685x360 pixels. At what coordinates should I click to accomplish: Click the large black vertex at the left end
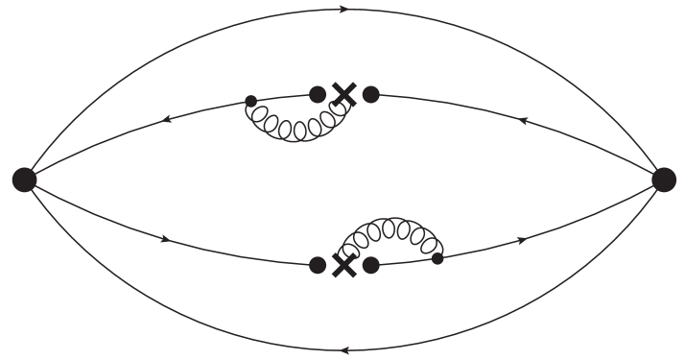coord(24,179)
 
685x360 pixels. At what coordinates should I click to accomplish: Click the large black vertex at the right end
coord(663,179)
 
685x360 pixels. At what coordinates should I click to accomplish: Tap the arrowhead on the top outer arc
coord(343,10)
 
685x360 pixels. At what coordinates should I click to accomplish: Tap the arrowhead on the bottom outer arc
coord(343,349)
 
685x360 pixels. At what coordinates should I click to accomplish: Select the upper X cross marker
coord(343,94)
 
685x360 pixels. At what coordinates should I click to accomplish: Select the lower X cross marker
coord(343,264)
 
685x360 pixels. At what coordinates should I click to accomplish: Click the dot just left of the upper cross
coord(318,94)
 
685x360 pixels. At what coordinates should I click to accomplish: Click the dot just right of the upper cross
coord(370,94)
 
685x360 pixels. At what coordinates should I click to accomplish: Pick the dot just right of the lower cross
coord(370,264)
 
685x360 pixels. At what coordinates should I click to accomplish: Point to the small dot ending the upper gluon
coord(250,100)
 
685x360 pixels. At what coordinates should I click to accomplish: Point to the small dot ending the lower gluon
coord(437,257)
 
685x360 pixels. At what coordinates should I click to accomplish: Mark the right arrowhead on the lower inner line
coord(522,238)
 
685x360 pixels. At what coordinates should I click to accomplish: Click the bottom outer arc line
coord(192,323)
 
